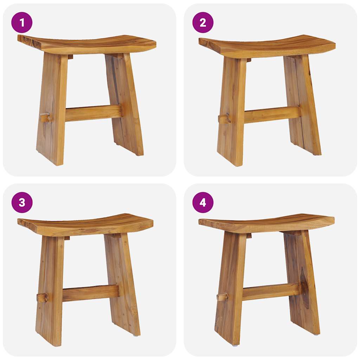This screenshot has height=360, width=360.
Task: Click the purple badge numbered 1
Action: coord(22,22)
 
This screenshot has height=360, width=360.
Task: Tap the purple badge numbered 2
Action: coord(203,22)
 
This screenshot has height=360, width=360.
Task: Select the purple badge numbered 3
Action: coord(22,202)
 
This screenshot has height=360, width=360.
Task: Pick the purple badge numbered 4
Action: coord(203,202)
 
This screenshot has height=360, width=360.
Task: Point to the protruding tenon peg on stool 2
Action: coord(224,118)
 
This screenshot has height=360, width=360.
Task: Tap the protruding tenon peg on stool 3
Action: coord(42,297)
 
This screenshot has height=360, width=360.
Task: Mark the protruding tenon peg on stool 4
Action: coord(222,297)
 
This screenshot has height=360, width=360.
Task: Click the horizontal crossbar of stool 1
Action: coord(93,112)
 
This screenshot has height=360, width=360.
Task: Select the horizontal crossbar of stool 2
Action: coord(272,114)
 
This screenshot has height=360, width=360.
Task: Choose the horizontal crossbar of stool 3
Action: coord(90,292)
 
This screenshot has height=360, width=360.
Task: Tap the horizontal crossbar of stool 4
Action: coord(271,291)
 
